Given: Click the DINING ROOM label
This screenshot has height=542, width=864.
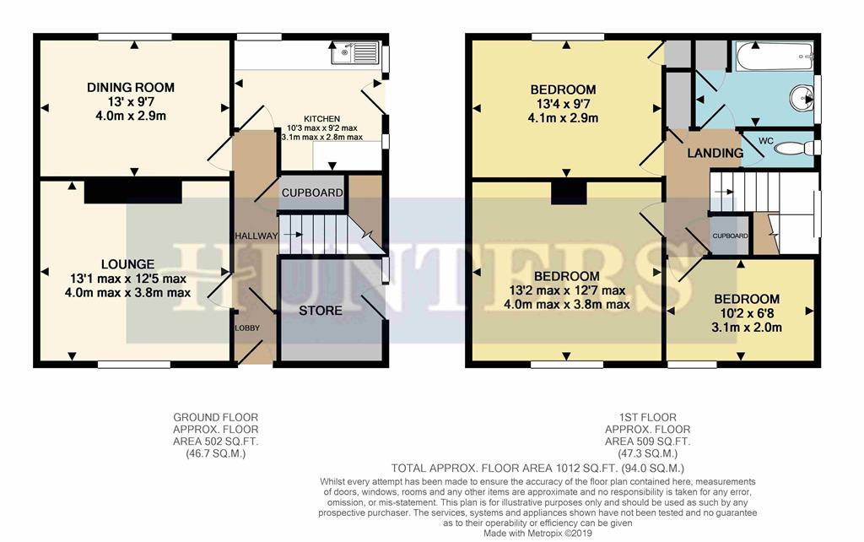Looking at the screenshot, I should point(132,88).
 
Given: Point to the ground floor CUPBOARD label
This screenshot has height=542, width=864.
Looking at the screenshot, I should point(312,193).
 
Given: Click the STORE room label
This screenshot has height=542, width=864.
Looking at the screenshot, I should point(321,311).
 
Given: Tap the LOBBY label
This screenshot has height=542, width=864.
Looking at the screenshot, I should point(247,328).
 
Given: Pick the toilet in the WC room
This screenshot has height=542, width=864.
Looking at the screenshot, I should point(792,149).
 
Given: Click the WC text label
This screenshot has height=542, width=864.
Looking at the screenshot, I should point(766,139).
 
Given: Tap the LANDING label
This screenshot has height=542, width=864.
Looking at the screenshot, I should point(715,154).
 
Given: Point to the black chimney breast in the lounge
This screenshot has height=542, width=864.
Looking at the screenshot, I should point(132,191).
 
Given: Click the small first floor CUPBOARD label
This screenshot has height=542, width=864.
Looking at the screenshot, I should point(729,236).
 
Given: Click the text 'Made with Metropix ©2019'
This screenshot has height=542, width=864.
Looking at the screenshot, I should point(540,534).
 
